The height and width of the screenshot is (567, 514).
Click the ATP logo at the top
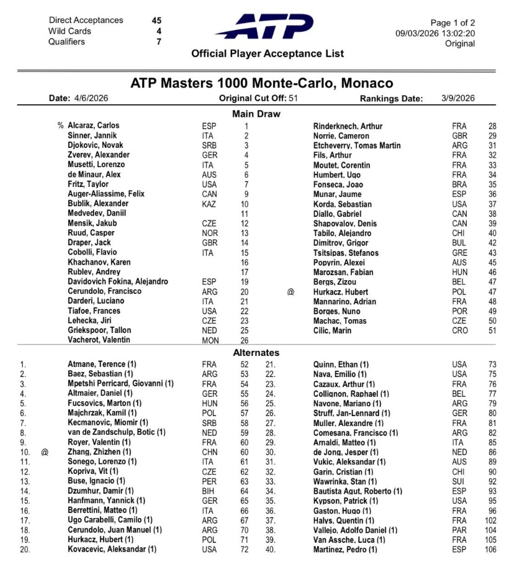tap(265, 27)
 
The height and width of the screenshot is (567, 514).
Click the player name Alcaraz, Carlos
tap(94, 126)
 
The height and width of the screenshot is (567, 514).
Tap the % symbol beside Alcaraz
tap(61, 126)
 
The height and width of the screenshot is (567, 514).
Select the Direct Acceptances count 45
tap(156, 20)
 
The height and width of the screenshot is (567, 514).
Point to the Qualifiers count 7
tap(159, 42)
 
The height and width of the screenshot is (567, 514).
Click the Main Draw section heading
tap(256, 114)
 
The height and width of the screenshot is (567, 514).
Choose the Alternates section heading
tap(256, 353)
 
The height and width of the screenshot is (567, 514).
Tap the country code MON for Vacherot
tap(210, 340)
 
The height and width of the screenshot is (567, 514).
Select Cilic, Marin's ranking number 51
tap(491, 330)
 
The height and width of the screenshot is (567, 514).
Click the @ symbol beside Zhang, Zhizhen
tap(45, 452)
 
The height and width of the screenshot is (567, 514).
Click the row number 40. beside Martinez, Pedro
tap(271, 549)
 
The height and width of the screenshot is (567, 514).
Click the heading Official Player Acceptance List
tap(268, 54)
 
